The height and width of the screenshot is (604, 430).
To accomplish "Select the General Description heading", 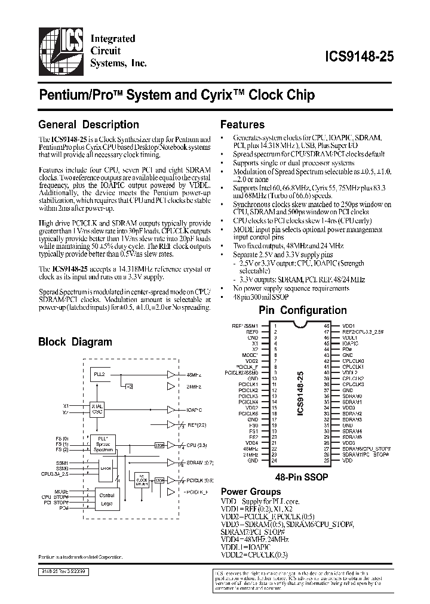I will pos(88,125).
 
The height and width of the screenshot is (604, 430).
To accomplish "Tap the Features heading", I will pos(242,125).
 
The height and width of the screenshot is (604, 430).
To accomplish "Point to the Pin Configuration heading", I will pos(302,310).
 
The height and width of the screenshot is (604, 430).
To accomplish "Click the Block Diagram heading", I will pos(75,342).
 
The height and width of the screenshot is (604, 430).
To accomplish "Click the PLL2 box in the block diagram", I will pos(99,375).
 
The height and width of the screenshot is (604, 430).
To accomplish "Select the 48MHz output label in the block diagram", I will pos(193,375).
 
